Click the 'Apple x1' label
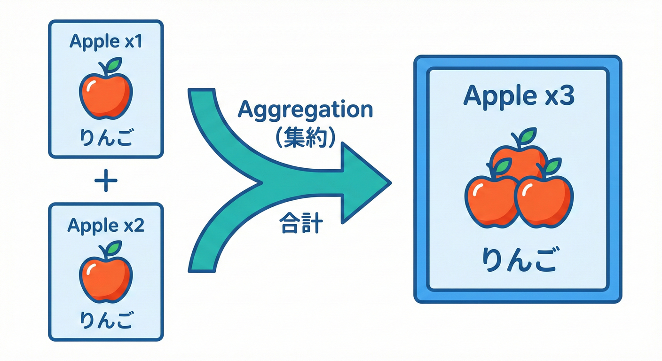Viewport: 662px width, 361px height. point(105,41)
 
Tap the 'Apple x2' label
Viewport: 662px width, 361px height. point(105,225)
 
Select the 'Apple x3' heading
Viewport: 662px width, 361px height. point(518,96)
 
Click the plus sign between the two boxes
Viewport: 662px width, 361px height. point(106,180)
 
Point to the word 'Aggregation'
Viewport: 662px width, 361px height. point(305,110)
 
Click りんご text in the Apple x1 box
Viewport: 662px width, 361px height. point(105,138)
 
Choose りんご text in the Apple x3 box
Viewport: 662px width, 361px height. point(519,261)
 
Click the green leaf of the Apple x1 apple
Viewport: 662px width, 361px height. point(113,66)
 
